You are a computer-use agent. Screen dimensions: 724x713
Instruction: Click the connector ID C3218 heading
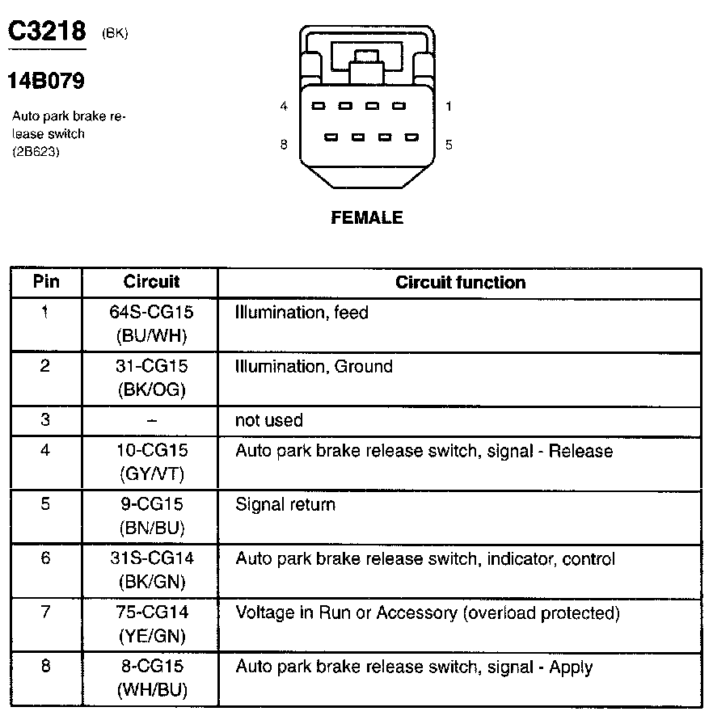[x=46, y=32]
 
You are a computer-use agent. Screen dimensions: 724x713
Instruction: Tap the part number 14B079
[x=46, y=81]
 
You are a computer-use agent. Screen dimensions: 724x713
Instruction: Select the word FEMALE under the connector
[x=366, y=218]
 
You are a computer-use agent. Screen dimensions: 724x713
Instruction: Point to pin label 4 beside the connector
[x=284, y=106]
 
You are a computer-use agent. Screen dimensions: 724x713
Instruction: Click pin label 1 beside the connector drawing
[x=449, y=106]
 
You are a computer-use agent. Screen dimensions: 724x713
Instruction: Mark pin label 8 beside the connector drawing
[x=284, y=145]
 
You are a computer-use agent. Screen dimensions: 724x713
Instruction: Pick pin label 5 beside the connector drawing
[x=449, y=145]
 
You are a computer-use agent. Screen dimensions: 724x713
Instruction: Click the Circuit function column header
[x=460, y=283]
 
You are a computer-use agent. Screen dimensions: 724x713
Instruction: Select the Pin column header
[x=46, y=282]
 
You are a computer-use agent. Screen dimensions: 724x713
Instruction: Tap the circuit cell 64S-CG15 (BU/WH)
[x=151, y=323]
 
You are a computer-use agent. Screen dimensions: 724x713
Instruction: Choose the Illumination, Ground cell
[x=314, y=367]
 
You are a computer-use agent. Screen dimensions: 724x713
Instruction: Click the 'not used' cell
[x=268, y=420]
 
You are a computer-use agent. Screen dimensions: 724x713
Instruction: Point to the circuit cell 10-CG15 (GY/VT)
[x=151, y=461]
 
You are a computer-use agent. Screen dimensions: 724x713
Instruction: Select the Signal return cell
[x=285, y=505]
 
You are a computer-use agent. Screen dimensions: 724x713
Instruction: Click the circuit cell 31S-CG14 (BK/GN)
[x=151, y=570]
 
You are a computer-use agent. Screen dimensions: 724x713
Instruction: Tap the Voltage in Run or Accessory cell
[x=427, y=613]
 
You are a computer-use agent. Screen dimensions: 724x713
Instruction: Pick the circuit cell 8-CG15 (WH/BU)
[x=151, y=679]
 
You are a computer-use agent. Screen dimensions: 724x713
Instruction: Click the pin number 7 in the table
[x=45, y=612]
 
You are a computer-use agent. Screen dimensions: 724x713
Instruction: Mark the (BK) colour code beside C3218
[x=115, y=33]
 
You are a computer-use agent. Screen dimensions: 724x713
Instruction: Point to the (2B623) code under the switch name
[x=36, y=151]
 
